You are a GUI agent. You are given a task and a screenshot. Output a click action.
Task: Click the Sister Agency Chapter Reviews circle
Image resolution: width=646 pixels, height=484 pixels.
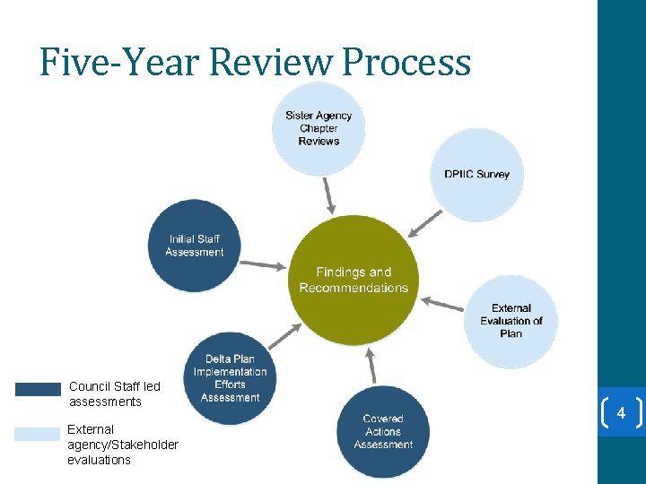click(x=319, y=128)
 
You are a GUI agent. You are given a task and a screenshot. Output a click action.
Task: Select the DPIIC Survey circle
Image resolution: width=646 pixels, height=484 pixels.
click(x=476, y=174)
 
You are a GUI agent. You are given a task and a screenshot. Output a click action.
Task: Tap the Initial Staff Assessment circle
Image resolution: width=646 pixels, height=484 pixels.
click(x=194, y=246)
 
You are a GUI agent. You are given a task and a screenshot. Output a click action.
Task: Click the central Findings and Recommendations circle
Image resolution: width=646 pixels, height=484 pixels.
click(x=354, y=280)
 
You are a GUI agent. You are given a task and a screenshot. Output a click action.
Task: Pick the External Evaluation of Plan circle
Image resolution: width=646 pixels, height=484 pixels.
click(x=511, y=321)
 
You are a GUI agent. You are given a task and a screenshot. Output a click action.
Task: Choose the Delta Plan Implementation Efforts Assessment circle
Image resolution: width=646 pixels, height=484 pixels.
click(x=230, y=378)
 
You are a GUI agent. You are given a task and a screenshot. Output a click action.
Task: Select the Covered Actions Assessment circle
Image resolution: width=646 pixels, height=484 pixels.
click(x=383, y=431)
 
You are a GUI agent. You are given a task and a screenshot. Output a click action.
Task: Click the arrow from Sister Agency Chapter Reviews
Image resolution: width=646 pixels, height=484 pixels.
click(x=329, y=192)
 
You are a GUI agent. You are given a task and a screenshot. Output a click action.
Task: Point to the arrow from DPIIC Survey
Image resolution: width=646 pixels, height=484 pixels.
click(x=425, y=222)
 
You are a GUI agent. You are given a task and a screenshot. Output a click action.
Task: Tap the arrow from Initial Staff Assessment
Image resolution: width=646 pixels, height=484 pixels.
click(x=263, y=264)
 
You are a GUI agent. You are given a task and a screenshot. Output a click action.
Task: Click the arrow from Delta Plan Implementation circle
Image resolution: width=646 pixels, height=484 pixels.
click(x=285, y=335)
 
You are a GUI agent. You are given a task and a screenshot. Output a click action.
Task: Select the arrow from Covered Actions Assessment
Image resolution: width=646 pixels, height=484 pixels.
click(x=370, y=366)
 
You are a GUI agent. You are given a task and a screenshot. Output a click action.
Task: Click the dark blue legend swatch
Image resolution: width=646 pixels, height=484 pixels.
click(x=38, y=389)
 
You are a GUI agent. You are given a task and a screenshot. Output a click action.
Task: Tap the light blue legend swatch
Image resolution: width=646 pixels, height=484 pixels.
click(x=38, y=434)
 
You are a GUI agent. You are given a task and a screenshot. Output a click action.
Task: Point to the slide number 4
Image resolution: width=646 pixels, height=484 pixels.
click(x=620, y=412)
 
